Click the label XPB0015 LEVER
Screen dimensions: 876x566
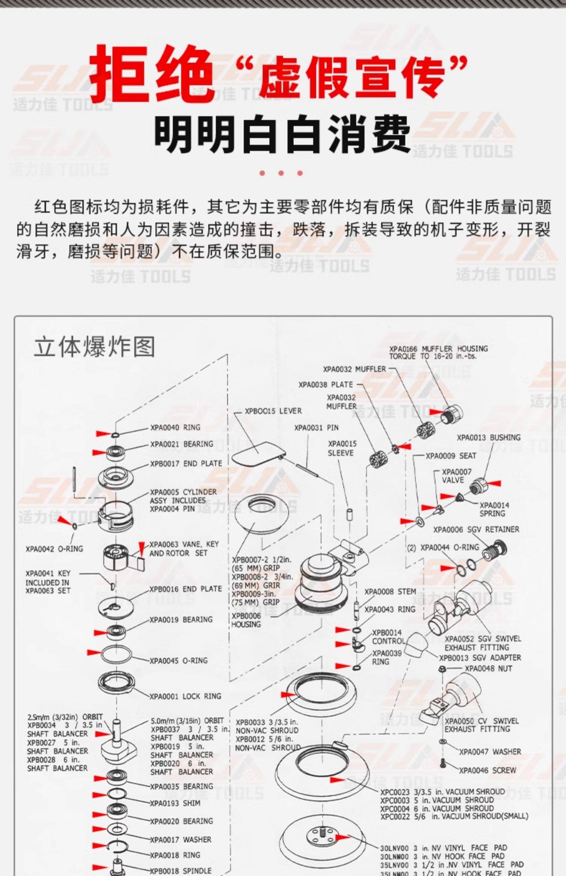click(x=273, y=411)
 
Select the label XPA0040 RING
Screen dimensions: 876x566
click(x=175, y=427)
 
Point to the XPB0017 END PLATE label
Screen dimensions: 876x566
click(x=186, y=463)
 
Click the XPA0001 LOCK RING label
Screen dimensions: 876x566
click(x=185, y=696)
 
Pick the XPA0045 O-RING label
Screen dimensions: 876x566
click(x=178, y=661)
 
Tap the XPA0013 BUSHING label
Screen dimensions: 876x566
click(x=488, y=438)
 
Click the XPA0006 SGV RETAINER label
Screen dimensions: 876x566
click(x=476, y=530)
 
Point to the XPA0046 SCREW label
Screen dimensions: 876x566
click(x=487, y=770)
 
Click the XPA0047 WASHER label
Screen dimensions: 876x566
click(x=490, y=752)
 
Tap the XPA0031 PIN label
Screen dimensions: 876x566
click(x=316, y=427)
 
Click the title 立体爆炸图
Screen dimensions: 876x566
click(x=94, y=347)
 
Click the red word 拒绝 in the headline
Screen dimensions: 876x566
click(x=151, y=74)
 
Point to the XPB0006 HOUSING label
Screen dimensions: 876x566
click(x=246, y=620)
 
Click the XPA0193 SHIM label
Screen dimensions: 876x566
click(x=175, y=803)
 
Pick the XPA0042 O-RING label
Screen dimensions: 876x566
click(x=54, y=549)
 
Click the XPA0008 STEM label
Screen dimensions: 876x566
click(x=390, y=592)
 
